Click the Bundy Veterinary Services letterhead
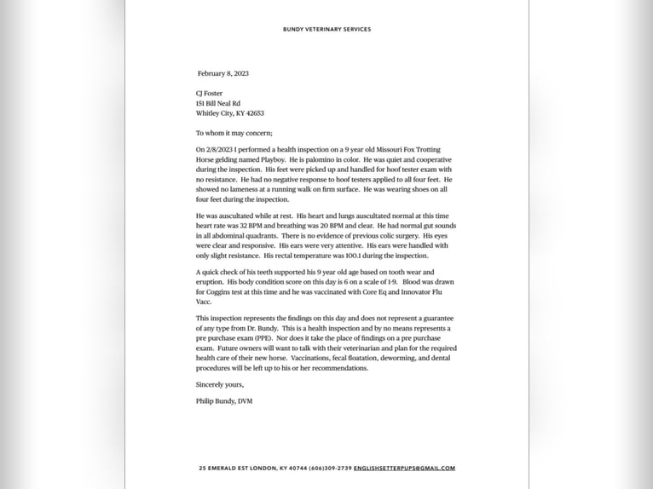tap(326, 29)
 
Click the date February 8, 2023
tap(223, 73)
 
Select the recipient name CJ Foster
tap(211, 94)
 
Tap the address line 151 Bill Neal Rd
tap(218, 103)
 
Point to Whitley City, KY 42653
tap(230, 112)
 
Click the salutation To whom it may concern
tap(234, 133)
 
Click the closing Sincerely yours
tap(220, 384)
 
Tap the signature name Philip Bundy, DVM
tap(224, 400)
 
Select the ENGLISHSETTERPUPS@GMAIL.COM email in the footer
tap(404, 469)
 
